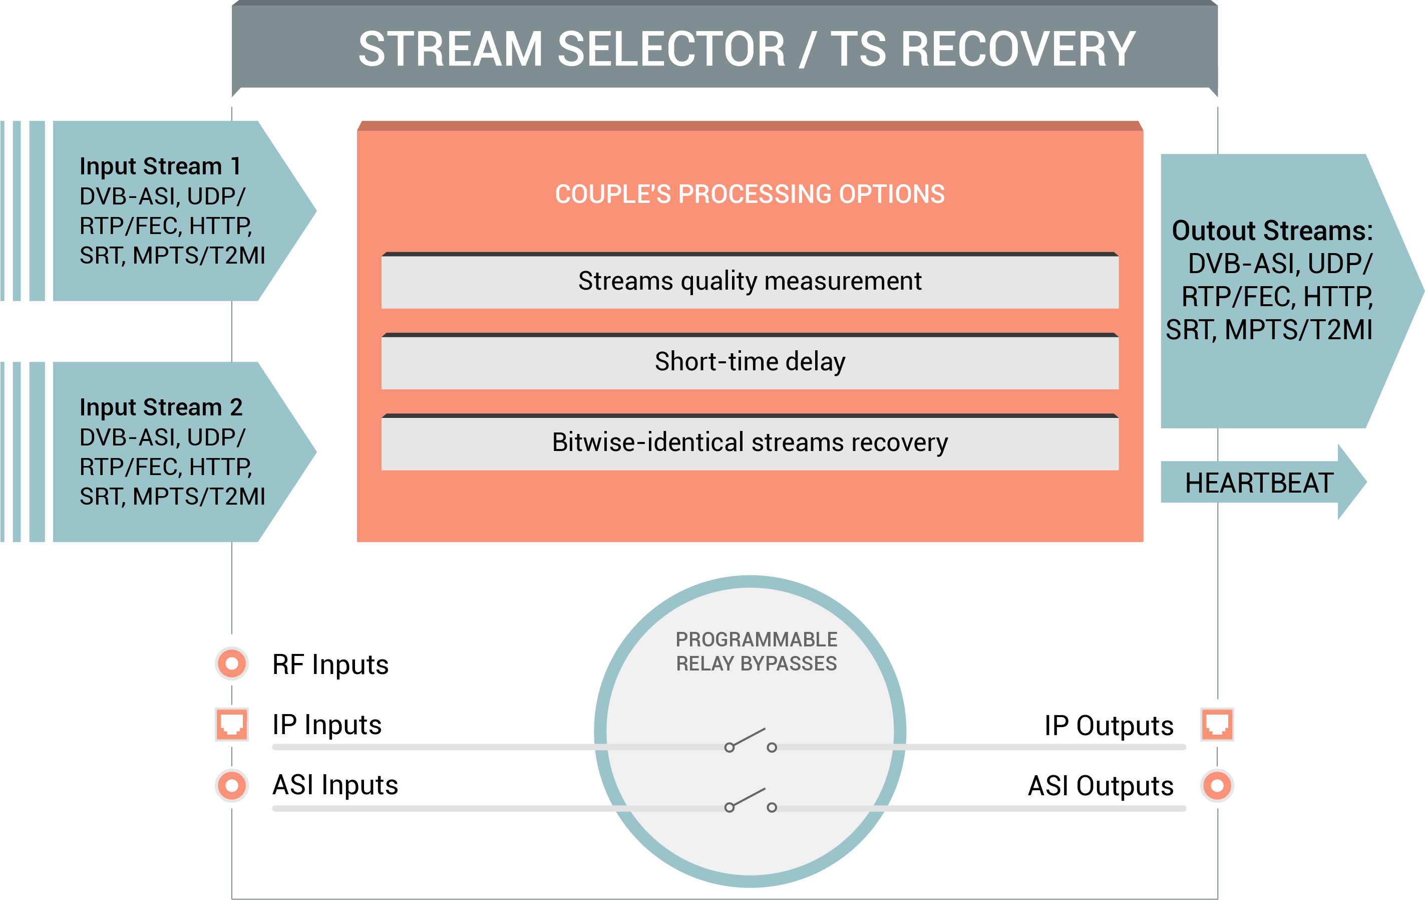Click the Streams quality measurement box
click(750, 281)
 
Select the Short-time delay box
click(750, 362)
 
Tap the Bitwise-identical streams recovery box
click(750, 442)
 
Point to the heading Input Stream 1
click(160, 166)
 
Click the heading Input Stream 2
click(161, 407)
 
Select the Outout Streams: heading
click(1272, 231)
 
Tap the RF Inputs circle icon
click(231, 663)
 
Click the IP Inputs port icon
click(231, 724)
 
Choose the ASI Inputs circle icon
click(231, 786)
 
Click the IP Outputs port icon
click(1217, 724)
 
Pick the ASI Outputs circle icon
click(1217, 786)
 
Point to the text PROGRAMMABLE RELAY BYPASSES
click(756, 651)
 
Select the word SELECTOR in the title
click(671, 49)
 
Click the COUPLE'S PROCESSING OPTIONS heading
click(750, 194)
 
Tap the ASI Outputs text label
click(1101, 786)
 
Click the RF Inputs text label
click(330, 664)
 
